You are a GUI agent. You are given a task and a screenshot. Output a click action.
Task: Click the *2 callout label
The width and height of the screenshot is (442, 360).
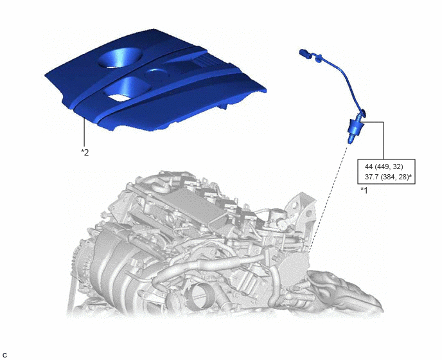click(85, 152)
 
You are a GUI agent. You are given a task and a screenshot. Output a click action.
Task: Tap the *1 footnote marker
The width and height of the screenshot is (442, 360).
click(364, 190)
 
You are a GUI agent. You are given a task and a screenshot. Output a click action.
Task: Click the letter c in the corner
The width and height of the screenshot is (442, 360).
click(4, 355)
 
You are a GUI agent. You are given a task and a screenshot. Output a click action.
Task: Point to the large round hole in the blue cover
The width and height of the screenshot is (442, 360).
click(119, 58)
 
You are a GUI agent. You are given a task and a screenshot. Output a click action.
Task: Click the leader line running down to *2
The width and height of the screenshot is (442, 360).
click(84, 133)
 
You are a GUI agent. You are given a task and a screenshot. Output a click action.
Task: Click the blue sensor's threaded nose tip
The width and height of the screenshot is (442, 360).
click(350, 139)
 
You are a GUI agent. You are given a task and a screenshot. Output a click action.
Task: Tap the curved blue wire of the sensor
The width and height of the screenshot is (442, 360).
click(340, 79)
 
